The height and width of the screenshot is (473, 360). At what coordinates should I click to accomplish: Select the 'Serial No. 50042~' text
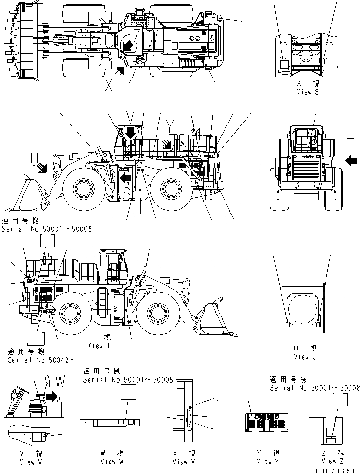pos(41,360)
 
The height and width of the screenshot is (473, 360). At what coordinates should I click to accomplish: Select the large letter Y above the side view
pos(170,125)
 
